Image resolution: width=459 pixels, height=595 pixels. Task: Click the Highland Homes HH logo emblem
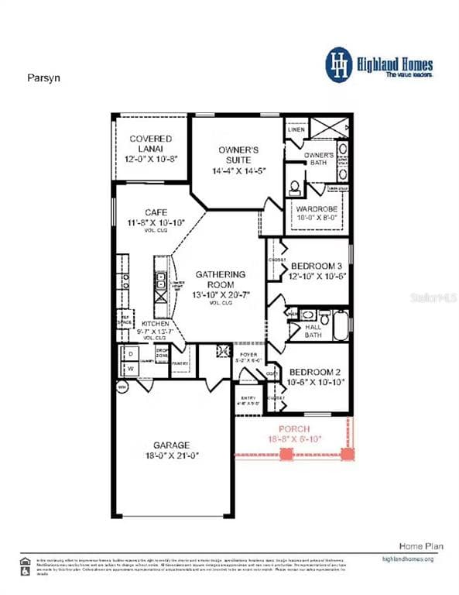point(338,63)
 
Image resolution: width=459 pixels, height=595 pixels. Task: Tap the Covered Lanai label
point(150,143)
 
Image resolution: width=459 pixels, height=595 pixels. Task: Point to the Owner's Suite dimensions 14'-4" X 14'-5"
point(238,170)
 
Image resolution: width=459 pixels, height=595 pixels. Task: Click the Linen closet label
point(296,130)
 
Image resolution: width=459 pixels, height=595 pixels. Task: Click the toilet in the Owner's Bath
point(295,187)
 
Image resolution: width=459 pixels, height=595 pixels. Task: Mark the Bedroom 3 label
point(316,267)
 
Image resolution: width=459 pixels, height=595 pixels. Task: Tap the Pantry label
point(180,363)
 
